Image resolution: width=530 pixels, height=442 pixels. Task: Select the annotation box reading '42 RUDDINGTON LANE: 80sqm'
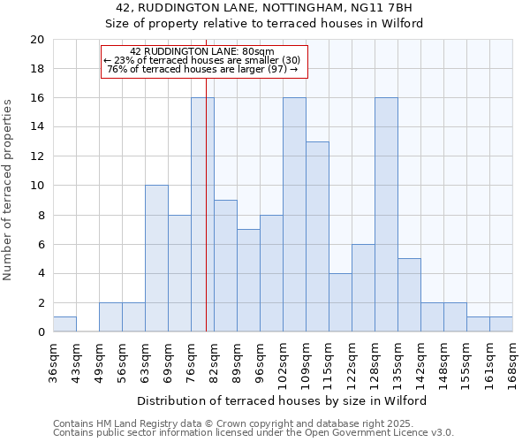coord(203,62)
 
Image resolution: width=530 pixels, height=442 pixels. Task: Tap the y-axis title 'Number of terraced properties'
coord(8,189)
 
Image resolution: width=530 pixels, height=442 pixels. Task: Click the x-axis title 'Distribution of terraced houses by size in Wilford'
coord(283,400)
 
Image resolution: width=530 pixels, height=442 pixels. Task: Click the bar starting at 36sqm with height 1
coord(64,324)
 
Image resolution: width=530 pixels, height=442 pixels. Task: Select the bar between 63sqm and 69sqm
coord(156,259)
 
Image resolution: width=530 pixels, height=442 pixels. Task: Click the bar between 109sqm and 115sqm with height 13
coord(317,237)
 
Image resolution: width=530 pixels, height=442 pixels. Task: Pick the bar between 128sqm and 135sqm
coord(386,215)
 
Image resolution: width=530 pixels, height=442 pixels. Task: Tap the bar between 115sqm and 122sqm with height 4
coord(340,302)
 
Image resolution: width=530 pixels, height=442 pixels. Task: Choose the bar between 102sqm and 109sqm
coord(294,215)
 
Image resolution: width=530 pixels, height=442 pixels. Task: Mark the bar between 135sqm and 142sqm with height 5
coord(409,295)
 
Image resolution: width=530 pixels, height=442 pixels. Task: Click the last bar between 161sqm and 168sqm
coord(501,324)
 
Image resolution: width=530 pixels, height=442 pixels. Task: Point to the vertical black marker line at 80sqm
coord(206,221)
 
